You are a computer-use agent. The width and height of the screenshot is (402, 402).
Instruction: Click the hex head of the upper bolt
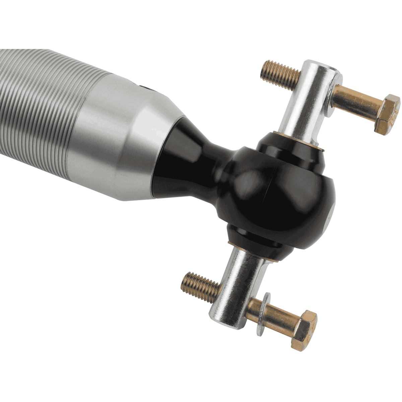387,114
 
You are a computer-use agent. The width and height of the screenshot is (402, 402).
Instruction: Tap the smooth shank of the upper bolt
355,100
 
